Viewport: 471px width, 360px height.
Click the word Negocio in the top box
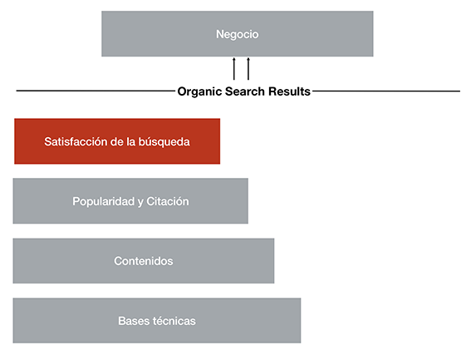coord(238,34)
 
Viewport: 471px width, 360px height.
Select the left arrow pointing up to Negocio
coord(234,69)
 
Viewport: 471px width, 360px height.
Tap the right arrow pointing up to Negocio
coord(248,69)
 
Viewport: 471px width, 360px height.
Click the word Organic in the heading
coord(199,91)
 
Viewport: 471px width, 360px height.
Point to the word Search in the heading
coord(245,91)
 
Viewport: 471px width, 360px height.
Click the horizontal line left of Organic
coord(96,91)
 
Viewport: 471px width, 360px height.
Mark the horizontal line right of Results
coord(386,91)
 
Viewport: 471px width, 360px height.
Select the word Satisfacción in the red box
coord(76,141)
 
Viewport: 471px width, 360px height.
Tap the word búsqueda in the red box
coord(164,142)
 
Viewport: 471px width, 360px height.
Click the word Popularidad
coord(104,201)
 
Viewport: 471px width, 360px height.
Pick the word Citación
coord(168,201)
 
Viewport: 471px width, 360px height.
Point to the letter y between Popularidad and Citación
coord(140,202)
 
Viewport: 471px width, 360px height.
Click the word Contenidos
coord(144,261)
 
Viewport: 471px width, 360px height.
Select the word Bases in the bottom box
coord(134,321)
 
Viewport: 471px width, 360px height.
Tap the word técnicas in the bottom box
coord(174,321)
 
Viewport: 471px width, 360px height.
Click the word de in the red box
coord(117,141)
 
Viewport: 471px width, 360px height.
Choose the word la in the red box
coord(131,141)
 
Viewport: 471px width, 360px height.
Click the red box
coord(117,141)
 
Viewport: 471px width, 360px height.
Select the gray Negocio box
coord(238,34)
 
